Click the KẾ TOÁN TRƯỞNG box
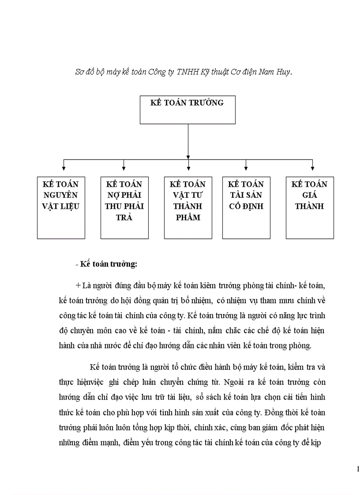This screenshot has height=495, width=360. [x=187, y=110]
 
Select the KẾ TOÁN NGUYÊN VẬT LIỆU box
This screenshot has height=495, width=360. [x=61, y=208]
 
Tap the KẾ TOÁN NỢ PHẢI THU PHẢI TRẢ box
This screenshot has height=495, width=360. [x=124, y=208]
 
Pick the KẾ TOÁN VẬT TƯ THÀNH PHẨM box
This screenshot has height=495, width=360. [x=187, y=208]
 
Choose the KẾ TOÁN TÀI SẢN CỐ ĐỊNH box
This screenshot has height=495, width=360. [x=246, y=208]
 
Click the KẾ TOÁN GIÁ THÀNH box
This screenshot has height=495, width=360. [x=309, y=208]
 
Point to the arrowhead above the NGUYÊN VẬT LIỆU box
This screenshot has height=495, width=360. [x=64, y=167]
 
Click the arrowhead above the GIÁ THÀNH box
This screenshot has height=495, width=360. [x=312, y=167]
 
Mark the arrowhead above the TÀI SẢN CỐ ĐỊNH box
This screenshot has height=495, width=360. [x=246, y=167]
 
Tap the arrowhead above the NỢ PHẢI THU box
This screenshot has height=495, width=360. [x=124, y=167]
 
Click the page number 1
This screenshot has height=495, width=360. [x=357, y=469]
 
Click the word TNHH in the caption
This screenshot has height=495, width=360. [x=187, y=72]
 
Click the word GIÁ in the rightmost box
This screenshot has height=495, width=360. [x=309, y=195]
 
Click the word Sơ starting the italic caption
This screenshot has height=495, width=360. [x=80, y=72]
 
